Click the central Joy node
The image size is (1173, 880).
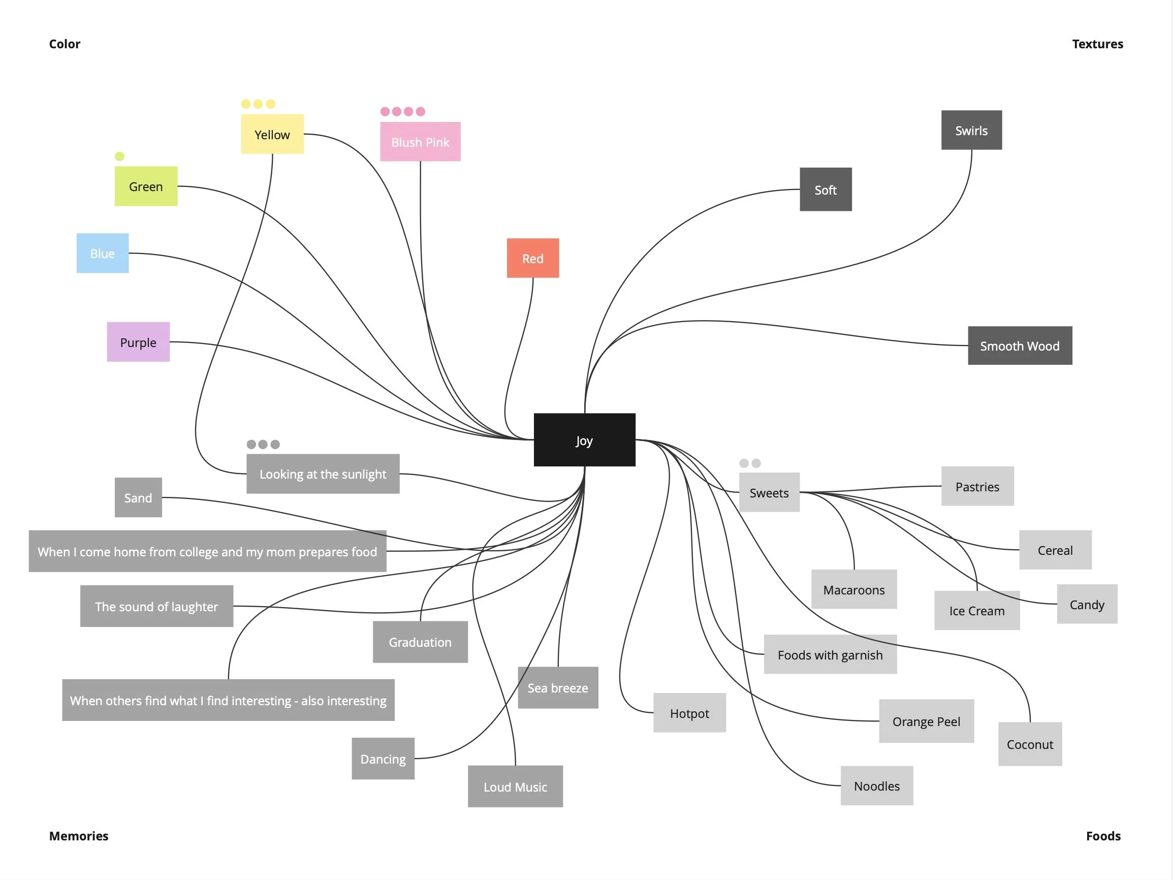click(584, 439)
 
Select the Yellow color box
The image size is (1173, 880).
click(272, 134)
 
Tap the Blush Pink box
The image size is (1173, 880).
click(420, 142)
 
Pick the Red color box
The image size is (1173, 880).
click(532, 258)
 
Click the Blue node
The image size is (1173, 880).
click(102, 253)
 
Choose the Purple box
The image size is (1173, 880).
click(138, 342)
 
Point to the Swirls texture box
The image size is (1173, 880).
click(971, 130)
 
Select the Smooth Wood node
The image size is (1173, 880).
click(1019, 345)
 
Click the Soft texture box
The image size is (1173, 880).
click(825, 190)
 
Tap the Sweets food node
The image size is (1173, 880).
click(769, 492)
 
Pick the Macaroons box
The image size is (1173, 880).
click(854, 589)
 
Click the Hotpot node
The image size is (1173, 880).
click(689, 713)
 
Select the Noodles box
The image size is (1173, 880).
click(876, 785)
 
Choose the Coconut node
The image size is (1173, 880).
click(1029, 744)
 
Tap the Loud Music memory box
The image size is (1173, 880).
click(515, 786)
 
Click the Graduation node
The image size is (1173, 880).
click(420, 642)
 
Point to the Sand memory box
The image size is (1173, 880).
click(138, 497)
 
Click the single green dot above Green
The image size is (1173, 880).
click(119, 156)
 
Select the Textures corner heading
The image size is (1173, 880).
click(1097, 44)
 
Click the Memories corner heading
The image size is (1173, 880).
click(78, 835)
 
